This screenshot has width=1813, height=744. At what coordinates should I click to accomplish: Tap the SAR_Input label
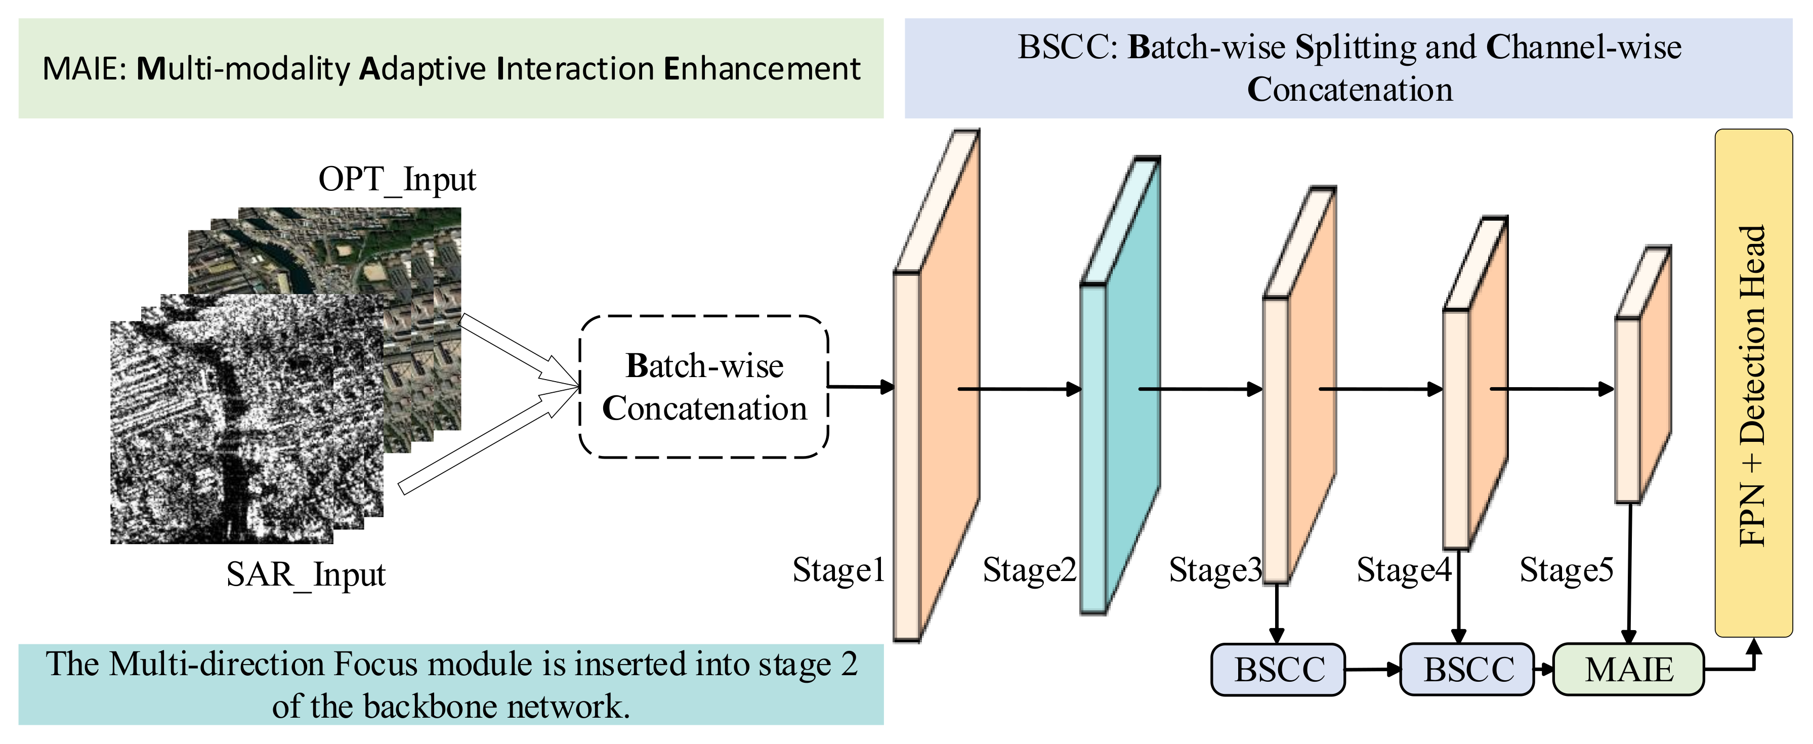(x=306, y=575)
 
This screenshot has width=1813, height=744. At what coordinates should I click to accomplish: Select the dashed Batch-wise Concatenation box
(x=703, y=387)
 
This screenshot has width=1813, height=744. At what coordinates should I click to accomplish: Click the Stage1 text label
(x=837, y=570)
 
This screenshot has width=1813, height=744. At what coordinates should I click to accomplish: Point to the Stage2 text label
(x=1029, y=570)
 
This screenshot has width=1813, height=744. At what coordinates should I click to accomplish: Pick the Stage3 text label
(x=1215, y=570)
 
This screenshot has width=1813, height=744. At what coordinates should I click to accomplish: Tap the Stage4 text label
(x=1403, y=570)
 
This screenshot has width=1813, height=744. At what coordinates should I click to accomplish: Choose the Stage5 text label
(x=1566, y=570)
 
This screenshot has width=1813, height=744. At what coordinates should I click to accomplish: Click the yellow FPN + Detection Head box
(x=1752, y=384)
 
